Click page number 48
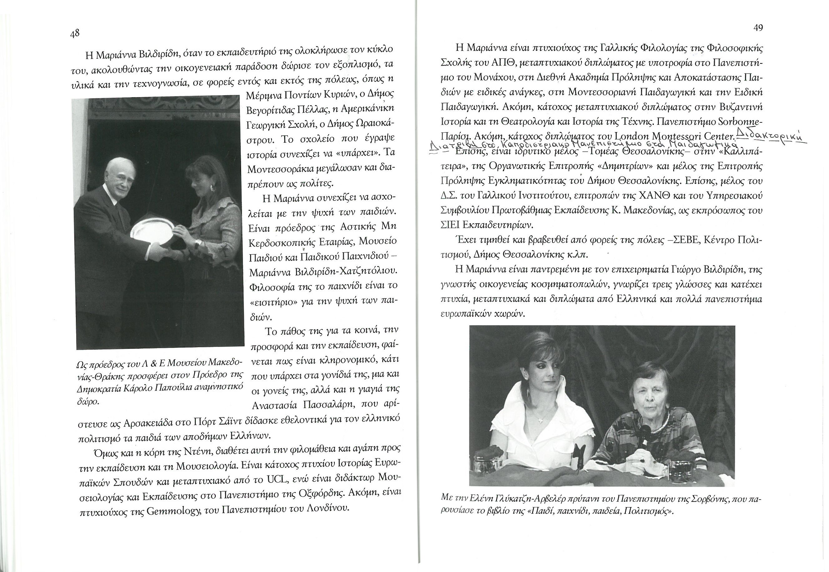click(x=75, y=34)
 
